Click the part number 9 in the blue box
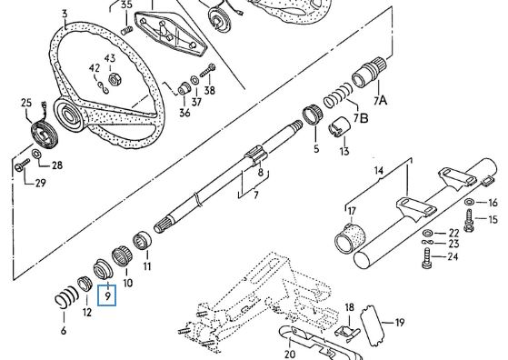click(x=107, y=295)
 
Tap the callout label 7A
click(x=381, y=100)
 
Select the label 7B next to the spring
click(x=361, y=118)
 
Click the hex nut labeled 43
click(x=114, y=79)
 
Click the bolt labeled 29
click(x=22, y=165)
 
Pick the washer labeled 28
click(x=36, y=153)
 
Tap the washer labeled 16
click(x=469, y=202)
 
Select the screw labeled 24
click(x=427, y=258)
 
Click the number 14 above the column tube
click(x=378, y=170)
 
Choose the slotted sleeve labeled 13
click(x=339, y=126)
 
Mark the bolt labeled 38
click(x=208, y=70)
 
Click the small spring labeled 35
click(x=126, y=31)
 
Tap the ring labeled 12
click(x=85, y=284)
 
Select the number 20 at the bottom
click(x=289, y=354)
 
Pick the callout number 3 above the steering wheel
click(x=65, y=14)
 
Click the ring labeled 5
click(x=313, y=115)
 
